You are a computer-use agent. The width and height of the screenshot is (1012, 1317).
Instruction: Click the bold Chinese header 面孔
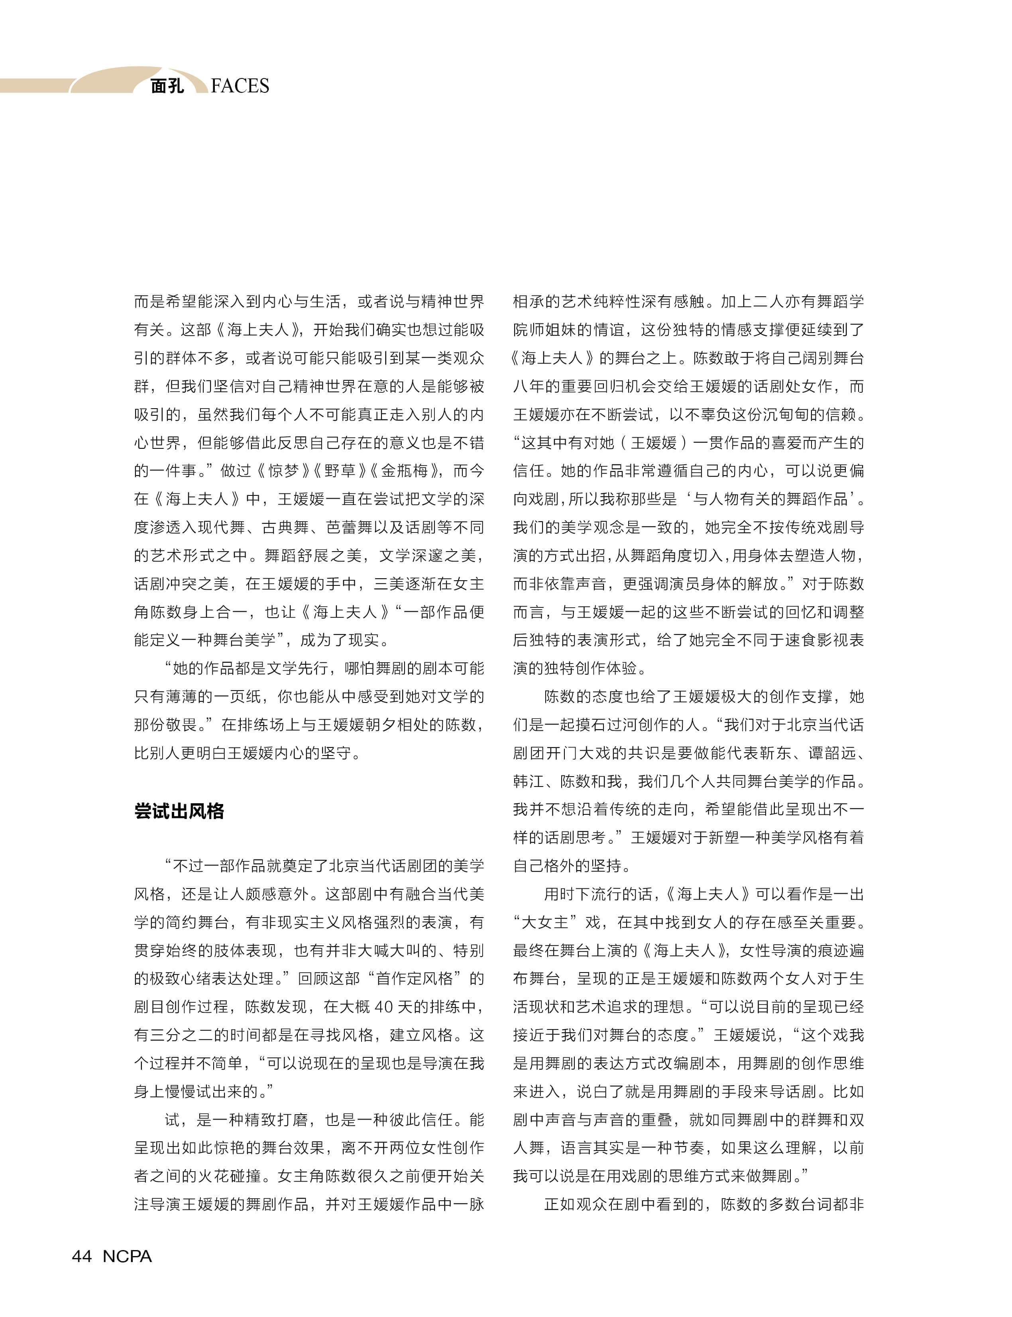(x=167, y=86)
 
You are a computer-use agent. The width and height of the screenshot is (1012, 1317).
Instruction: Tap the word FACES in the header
(x=240, y=86)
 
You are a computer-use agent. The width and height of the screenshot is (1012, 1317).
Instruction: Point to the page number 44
(x=82, y=1256)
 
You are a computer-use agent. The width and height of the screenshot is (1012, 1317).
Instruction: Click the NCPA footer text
(x=127, y=1256)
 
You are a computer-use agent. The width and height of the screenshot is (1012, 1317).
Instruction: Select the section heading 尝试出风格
(x=179, y=811)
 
